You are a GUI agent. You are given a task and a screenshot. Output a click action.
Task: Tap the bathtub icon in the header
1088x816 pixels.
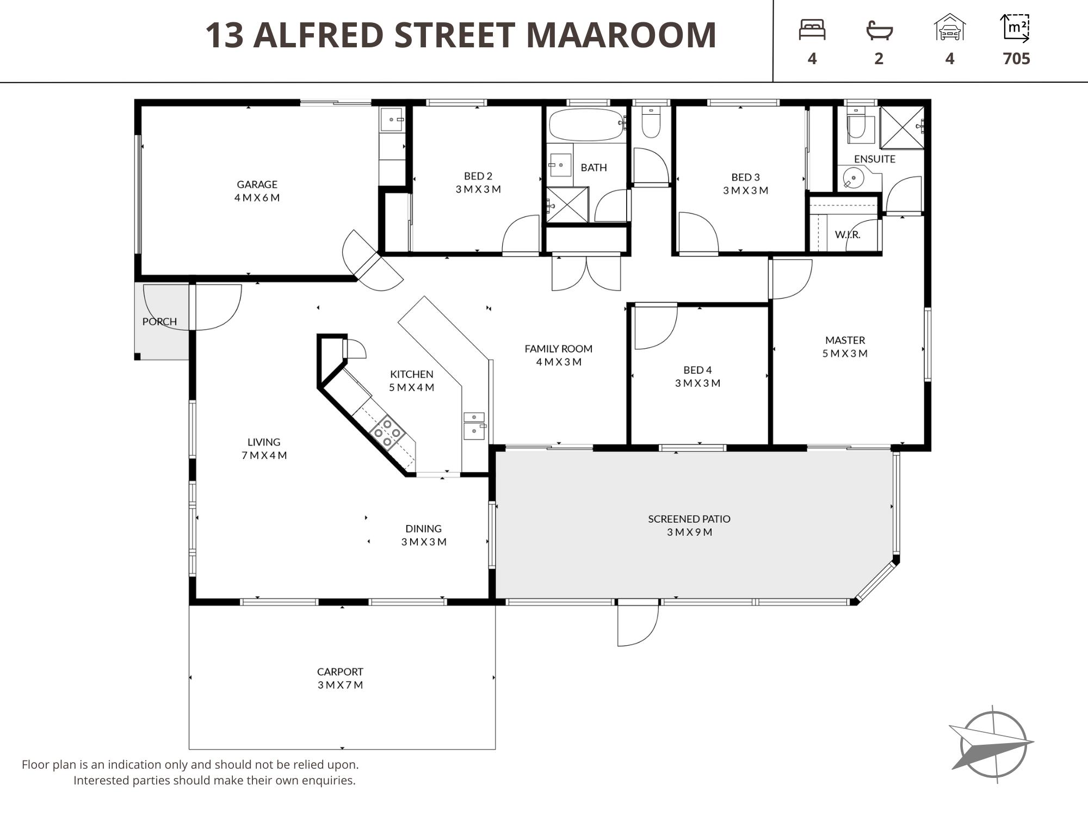click(879, 30)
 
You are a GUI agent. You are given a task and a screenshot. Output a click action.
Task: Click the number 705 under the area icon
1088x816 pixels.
click(1016, 59)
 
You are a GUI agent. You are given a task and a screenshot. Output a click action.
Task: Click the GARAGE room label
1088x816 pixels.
click(257, 184)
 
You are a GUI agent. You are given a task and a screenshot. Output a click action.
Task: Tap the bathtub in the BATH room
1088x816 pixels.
click(586, 125)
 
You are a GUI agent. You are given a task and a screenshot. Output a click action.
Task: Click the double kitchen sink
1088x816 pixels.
click(474, 425)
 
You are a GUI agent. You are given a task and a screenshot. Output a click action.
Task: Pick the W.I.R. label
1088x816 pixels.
click(848, 234)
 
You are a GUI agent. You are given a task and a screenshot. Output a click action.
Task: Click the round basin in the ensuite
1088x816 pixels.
click(854, 178)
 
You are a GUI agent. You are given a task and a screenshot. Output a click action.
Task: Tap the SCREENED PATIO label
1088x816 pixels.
click(689, 519)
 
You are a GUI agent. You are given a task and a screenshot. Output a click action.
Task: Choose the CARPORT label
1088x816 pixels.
click(340, 672)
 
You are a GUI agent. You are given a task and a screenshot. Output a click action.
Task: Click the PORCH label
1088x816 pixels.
click(159, 322)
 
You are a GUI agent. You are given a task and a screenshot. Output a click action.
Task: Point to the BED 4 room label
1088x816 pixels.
click(697, 370)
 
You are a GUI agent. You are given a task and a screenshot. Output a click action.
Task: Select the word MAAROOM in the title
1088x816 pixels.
click(621, 35)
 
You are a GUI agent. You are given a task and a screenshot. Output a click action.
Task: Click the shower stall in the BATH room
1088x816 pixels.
click(567, 205)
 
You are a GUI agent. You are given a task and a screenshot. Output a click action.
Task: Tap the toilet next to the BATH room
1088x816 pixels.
click(651, 121)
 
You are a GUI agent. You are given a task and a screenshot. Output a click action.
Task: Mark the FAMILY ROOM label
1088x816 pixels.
click(558, 349)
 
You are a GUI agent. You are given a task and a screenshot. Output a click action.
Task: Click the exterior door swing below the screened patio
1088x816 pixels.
click(638, 626)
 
